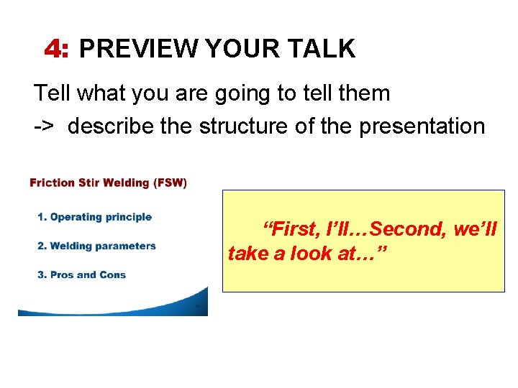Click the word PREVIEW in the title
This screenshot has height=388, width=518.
pos(138,49)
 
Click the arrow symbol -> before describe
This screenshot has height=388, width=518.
pos(43,126)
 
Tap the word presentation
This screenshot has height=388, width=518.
pos(422,126)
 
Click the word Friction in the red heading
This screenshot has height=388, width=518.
pos(52,183)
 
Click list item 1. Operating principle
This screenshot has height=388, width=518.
pos(94,217)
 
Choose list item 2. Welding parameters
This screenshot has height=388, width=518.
pos(96,246)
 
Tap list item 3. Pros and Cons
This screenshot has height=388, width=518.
pos(81,274)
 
